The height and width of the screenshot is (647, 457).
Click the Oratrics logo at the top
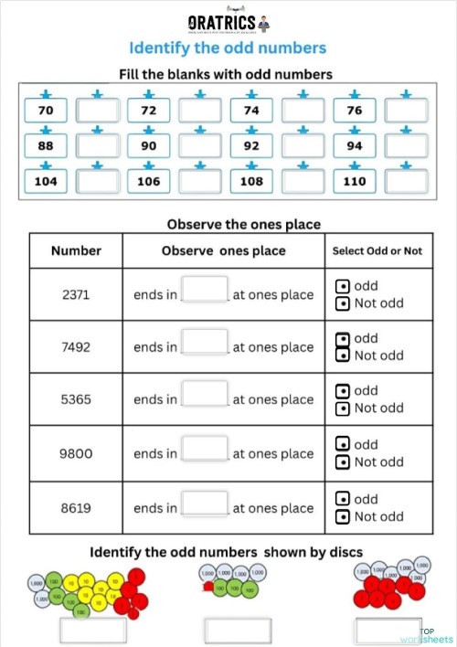click(227, 21)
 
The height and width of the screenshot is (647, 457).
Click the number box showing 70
click(46, 111)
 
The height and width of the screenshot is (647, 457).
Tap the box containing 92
click(252, 146)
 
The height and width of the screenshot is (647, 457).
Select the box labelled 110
click(356, 181)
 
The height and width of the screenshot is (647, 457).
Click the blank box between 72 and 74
click(200, 111)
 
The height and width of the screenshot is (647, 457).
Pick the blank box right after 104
click(97, 181)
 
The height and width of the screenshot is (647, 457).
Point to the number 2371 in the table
click(76, 294)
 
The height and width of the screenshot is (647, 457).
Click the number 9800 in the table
click(76, 453)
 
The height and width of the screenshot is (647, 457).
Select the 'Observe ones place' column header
click(223, 250)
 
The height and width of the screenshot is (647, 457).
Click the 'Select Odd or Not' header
click(377, 250)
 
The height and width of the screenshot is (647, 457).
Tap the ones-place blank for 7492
click(205, 343)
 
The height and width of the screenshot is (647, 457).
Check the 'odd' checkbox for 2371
click(342, 286)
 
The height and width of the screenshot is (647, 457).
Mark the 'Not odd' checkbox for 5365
click(342, 408)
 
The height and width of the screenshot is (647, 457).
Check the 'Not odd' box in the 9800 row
click(342, 461)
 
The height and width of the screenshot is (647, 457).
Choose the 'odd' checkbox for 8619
click(342, 499)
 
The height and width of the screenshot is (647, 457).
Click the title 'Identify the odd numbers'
click(227, 48)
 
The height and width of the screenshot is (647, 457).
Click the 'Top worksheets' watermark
click(435, 636)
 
